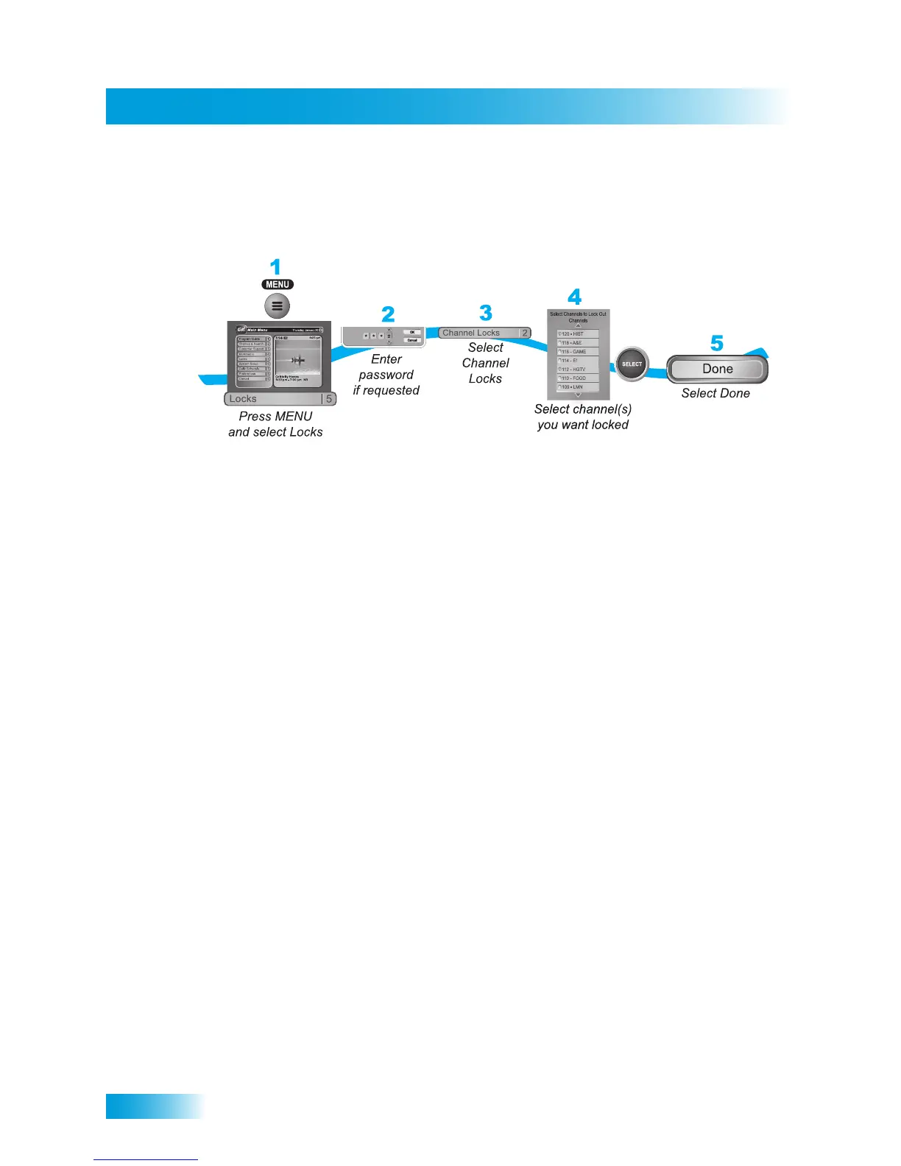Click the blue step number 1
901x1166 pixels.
pyautogui.click(x=275, y=266)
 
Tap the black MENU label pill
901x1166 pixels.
pyautogui.click(x=278, y=285)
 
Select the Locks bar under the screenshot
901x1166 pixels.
pyautogui.click(x=272, y=399)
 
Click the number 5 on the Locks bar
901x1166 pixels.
pyautogui.click(x=329, y=399)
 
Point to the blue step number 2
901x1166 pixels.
pyautogui.click(x=388, y=314)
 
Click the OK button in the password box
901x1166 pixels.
pyautogui.click(x=412, y=332)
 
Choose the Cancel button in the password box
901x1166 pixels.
pyautogui.click(x=412, y=340)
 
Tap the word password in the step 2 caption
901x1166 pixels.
pyautogui.click(x=386, y=375)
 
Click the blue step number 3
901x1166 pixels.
pyautogui.click(x=485, y=313)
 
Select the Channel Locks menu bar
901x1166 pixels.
pyautogui.click(x=478, y=333)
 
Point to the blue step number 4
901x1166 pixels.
pyautogui.click(x=575, y=297)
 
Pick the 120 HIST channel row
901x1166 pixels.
pyautogui.click(x=578, y=334)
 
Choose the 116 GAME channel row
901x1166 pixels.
pyautogui.click(x=578, y=352)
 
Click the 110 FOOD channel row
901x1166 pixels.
pyautogui.click(x=578, y=378)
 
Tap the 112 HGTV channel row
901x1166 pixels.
pyautogui.click(x=578, y=370)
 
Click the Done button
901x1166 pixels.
pyautogui.click(x=717, y=369)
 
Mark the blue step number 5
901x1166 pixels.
pyautogui.click(x=716, y=343)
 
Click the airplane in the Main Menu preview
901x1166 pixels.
pyautogui.click(x=297, y=360)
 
